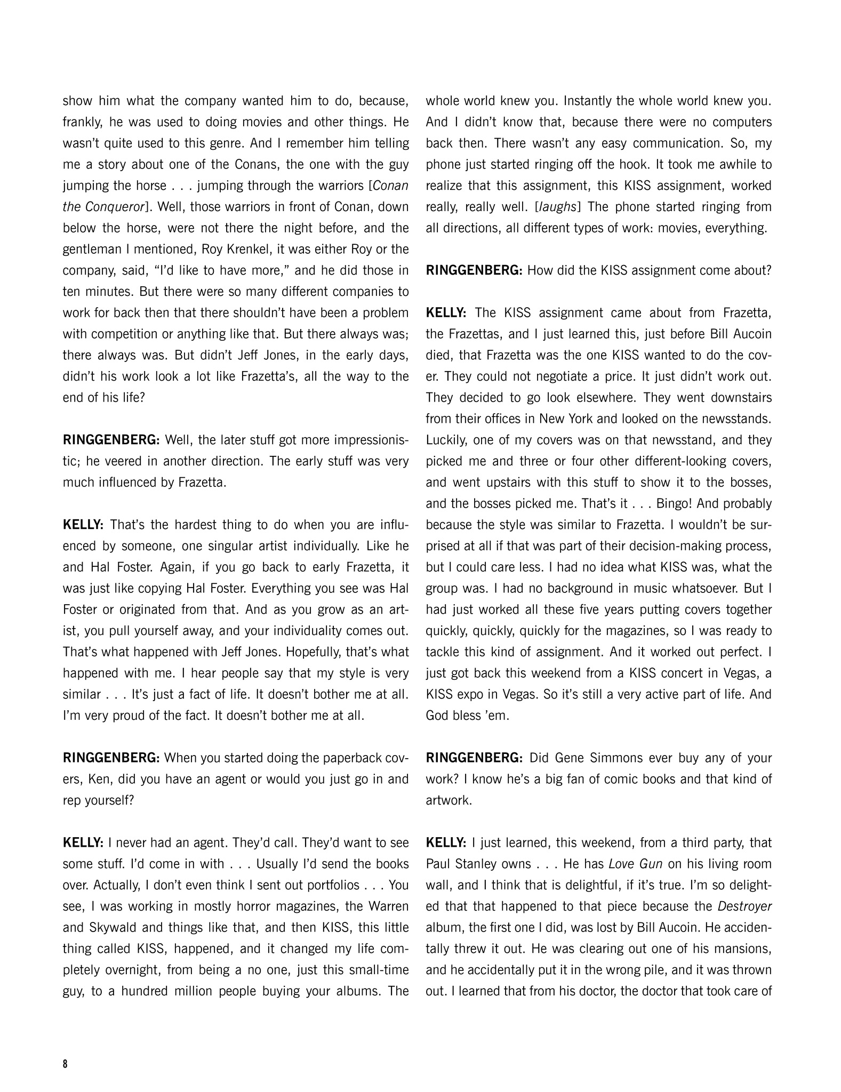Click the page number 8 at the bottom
point(65,1064)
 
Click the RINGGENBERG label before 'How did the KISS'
point(474,270)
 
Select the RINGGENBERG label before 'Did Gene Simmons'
point(474,758)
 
